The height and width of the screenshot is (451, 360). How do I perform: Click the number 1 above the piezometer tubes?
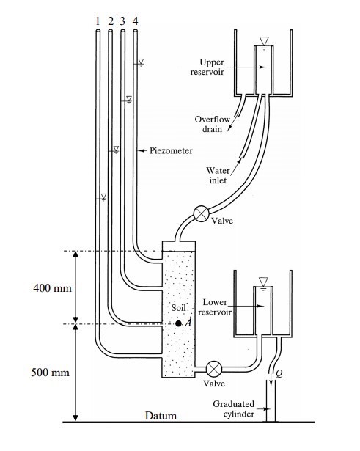[98, 21]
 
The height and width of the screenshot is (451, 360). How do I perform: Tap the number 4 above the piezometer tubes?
[135, 21]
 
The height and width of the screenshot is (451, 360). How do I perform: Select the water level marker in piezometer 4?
[141, 62]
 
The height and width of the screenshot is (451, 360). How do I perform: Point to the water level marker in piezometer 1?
[103, 197]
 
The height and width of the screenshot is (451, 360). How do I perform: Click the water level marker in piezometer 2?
[116, 150]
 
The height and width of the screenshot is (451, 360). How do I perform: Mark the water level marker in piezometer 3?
[129, 100]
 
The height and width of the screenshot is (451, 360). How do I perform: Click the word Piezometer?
[171, 151]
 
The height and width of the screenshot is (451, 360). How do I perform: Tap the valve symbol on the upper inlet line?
[202, 213]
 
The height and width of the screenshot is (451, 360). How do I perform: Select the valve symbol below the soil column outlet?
[214, 369]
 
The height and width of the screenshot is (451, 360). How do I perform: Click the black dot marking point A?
[178, 323]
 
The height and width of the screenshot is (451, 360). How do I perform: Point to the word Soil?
[178, 308]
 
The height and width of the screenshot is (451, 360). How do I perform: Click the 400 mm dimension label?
[52, 288]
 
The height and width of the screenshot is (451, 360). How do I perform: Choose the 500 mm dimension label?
[51, 373]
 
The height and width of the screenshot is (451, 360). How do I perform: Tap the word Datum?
[161, 416]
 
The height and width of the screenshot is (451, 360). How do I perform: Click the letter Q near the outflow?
[279, 373]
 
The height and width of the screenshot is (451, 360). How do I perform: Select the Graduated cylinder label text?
[233, 409]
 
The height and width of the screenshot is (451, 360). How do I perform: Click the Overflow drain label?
[212, 124]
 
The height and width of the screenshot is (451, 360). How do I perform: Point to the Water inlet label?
[218, 175]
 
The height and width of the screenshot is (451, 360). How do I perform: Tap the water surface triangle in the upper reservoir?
[264, 41]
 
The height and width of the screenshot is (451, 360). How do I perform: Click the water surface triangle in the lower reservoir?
[263, 282]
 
